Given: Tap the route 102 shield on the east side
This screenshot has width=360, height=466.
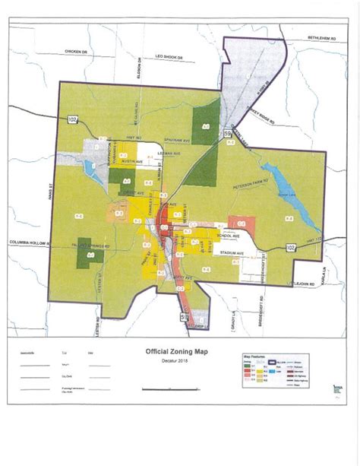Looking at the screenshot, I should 292,247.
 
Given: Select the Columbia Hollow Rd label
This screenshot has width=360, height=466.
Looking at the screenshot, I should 29,244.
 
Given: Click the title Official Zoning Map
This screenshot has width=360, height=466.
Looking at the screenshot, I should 178,352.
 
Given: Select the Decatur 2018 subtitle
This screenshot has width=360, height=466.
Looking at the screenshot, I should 178,360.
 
